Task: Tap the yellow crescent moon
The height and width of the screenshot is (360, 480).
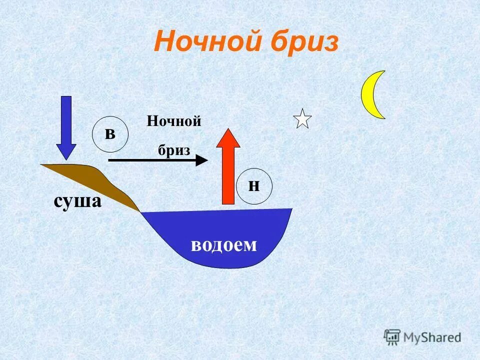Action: click(370, 95)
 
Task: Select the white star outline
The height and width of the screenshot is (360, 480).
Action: click(302, 119)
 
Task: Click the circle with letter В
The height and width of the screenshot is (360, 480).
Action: click(110, 134)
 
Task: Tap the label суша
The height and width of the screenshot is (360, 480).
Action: click(77, 201)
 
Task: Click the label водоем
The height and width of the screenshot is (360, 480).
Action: click(223, 244)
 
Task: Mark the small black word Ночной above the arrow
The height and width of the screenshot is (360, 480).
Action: click(174, 121)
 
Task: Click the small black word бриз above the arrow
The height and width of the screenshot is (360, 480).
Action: click(174, 149)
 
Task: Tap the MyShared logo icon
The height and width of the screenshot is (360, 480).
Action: click(392, 336)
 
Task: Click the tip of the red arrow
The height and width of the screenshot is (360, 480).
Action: click(228, 129)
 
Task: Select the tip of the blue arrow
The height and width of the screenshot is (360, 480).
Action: click(66, 159)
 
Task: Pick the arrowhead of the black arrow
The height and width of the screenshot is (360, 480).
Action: click(201, 160)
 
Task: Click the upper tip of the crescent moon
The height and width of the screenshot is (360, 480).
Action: click(383, 71)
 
